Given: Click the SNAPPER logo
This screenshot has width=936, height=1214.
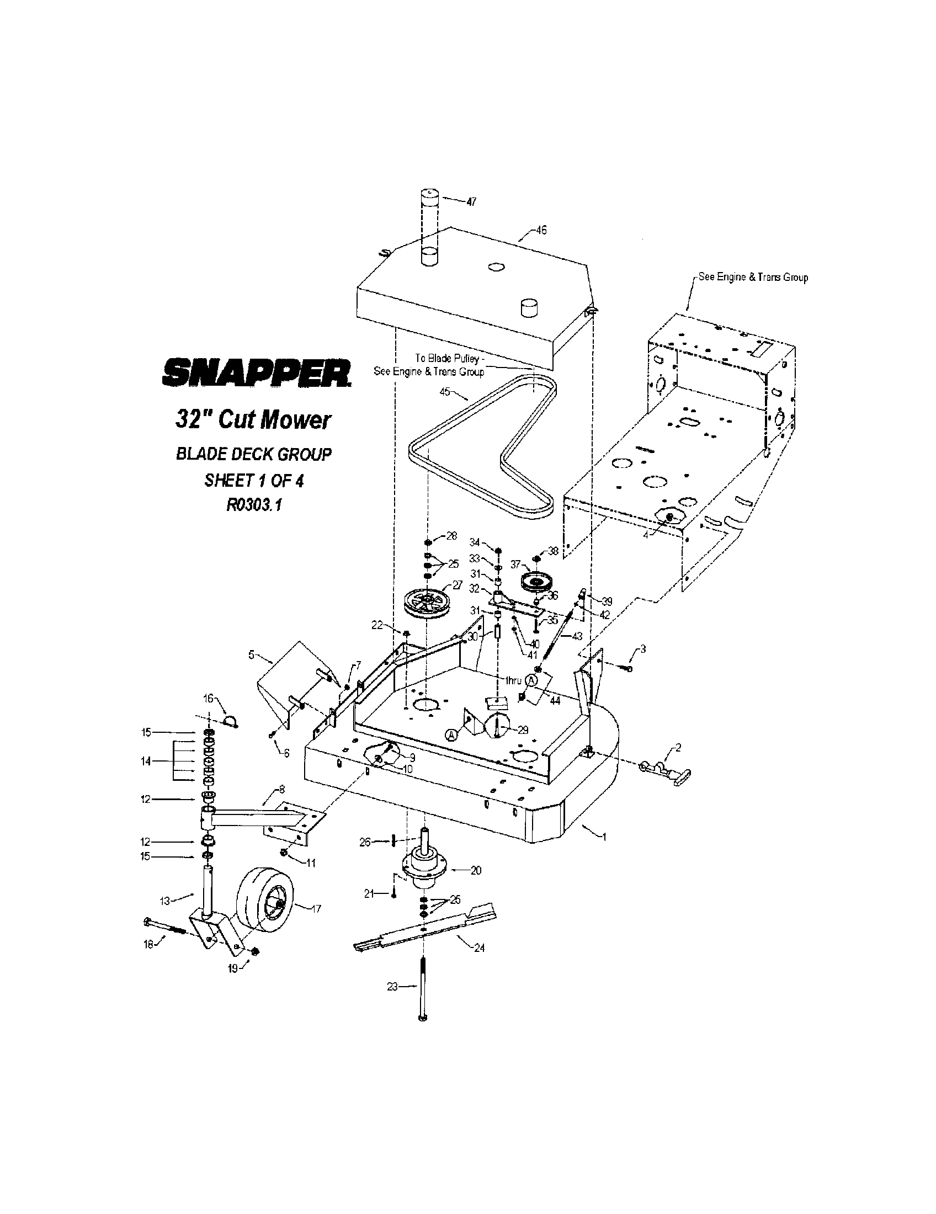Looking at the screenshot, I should (256, 372).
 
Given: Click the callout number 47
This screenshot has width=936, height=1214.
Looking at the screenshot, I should (471, 203).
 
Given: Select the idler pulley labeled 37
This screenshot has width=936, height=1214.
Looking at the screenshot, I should (537, 583).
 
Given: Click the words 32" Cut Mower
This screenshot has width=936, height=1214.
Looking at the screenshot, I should (253, 420).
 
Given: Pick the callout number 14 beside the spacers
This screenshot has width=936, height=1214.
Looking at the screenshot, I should (146, 761).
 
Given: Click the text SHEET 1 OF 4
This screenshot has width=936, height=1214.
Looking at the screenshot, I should (254, 480).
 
